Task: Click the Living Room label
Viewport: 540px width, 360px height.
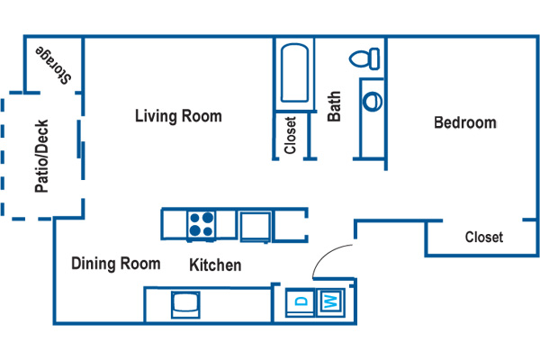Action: (178, 116)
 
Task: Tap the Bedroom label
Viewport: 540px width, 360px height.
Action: (464, 122)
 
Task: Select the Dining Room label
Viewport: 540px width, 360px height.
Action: (115, 264)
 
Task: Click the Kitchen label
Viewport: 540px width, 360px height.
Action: (215, 265)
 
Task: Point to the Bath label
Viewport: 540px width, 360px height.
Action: (334, 107)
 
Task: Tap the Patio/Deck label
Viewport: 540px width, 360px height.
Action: (41, 157)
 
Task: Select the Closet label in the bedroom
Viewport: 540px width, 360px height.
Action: (483, 238)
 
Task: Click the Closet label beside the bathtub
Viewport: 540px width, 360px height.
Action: (291, 136)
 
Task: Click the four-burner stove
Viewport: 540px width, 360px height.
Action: (201, 224)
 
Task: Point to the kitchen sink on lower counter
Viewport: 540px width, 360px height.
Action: (188, 304)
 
